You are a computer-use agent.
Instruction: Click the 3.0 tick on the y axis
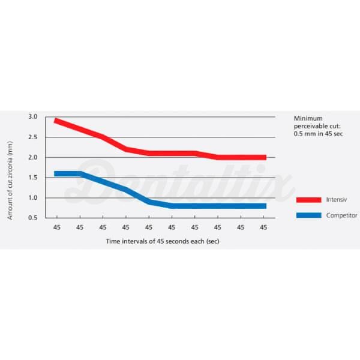(x=32, y=116)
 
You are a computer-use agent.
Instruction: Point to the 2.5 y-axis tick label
(x=32, y=137)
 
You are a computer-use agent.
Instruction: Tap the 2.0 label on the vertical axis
(x=32, y=157)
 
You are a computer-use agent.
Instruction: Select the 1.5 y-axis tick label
(x=32, y=178)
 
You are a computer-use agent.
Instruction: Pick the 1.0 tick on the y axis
(x=32, y=197)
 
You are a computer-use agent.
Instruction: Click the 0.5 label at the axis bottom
(x=32, y=218)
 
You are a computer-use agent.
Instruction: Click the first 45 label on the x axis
(x=56, y=227)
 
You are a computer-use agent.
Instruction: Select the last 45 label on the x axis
(x=263, y=227)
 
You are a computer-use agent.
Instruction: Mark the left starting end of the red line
(x=56, y=121)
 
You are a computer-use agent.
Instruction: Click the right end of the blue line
(x=265, y=206)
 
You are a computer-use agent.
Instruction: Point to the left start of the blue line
(x=56, y=173)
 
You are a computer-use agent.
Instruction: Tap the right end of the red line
(x=265, y=157)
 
